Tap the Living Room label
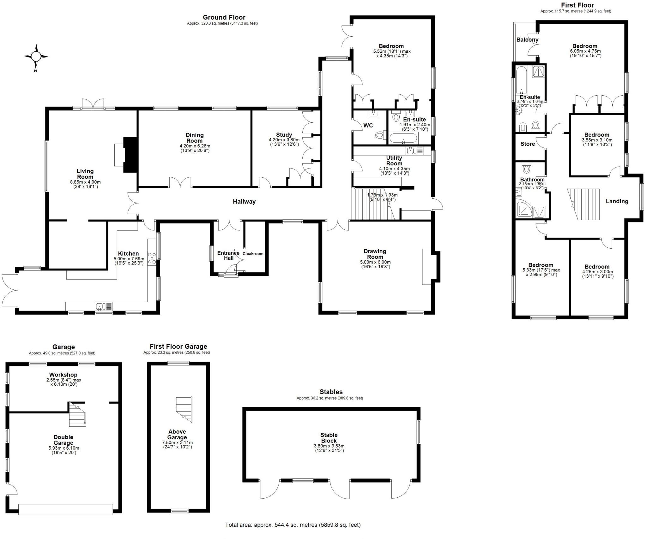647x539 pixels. [85, 174]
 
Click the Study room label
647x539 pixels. [284, 135]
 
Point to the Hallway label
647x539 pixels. [244, 201]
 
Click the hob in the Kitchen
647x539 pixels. [152, 257]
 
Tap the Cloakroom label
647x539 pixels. [253, 253]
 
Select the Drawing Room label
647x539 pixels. [375, 254]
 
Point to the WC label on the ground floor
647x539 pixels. [368, 125]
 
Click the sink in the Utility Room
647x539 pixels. [411, 151]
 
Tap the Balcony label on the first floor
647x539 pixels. [527, 40]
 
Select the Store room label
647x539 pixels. [527, 144]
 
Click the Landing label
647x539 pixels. [617, 201]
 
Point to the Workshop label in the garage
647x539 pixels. [63, 375]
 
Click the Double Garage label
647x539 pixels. [63, 440]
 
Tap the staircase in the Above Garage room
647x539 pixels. [184, 409]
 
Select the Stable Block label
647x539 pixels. [329, 438]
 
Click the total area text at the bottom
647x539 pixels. [293, 525]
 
